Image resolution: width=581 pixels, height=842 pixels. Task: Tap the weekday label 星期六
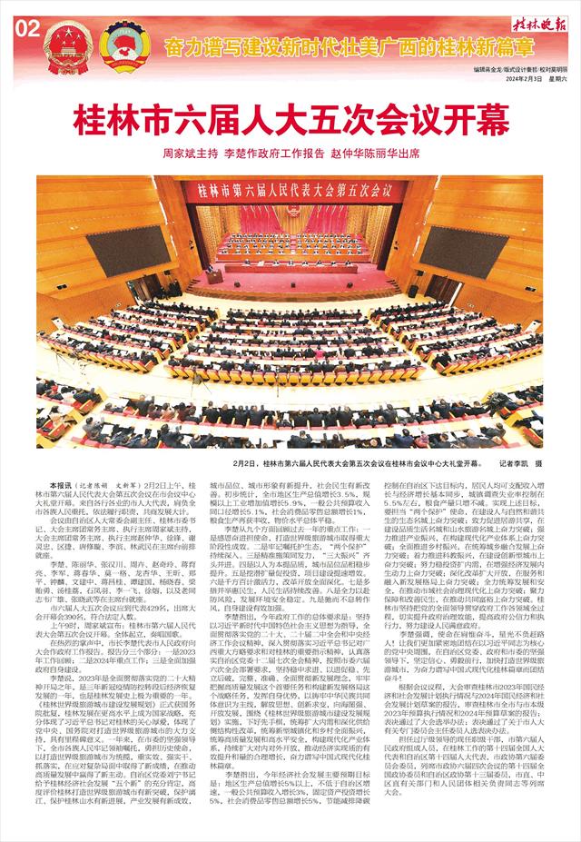pyautogui.click(x=556, y=79)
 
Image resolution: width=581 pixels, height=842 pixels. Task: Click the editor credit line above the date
pyautogui.click(x=524, y=68)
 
